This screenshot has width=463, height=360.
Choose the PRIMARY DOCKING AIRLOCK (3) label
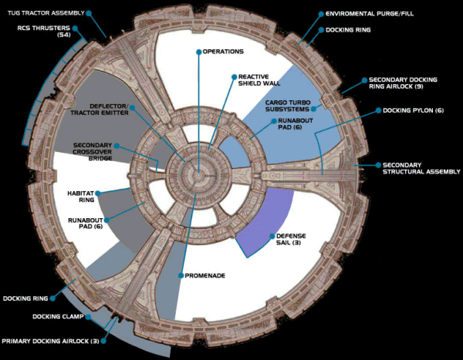49,340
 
